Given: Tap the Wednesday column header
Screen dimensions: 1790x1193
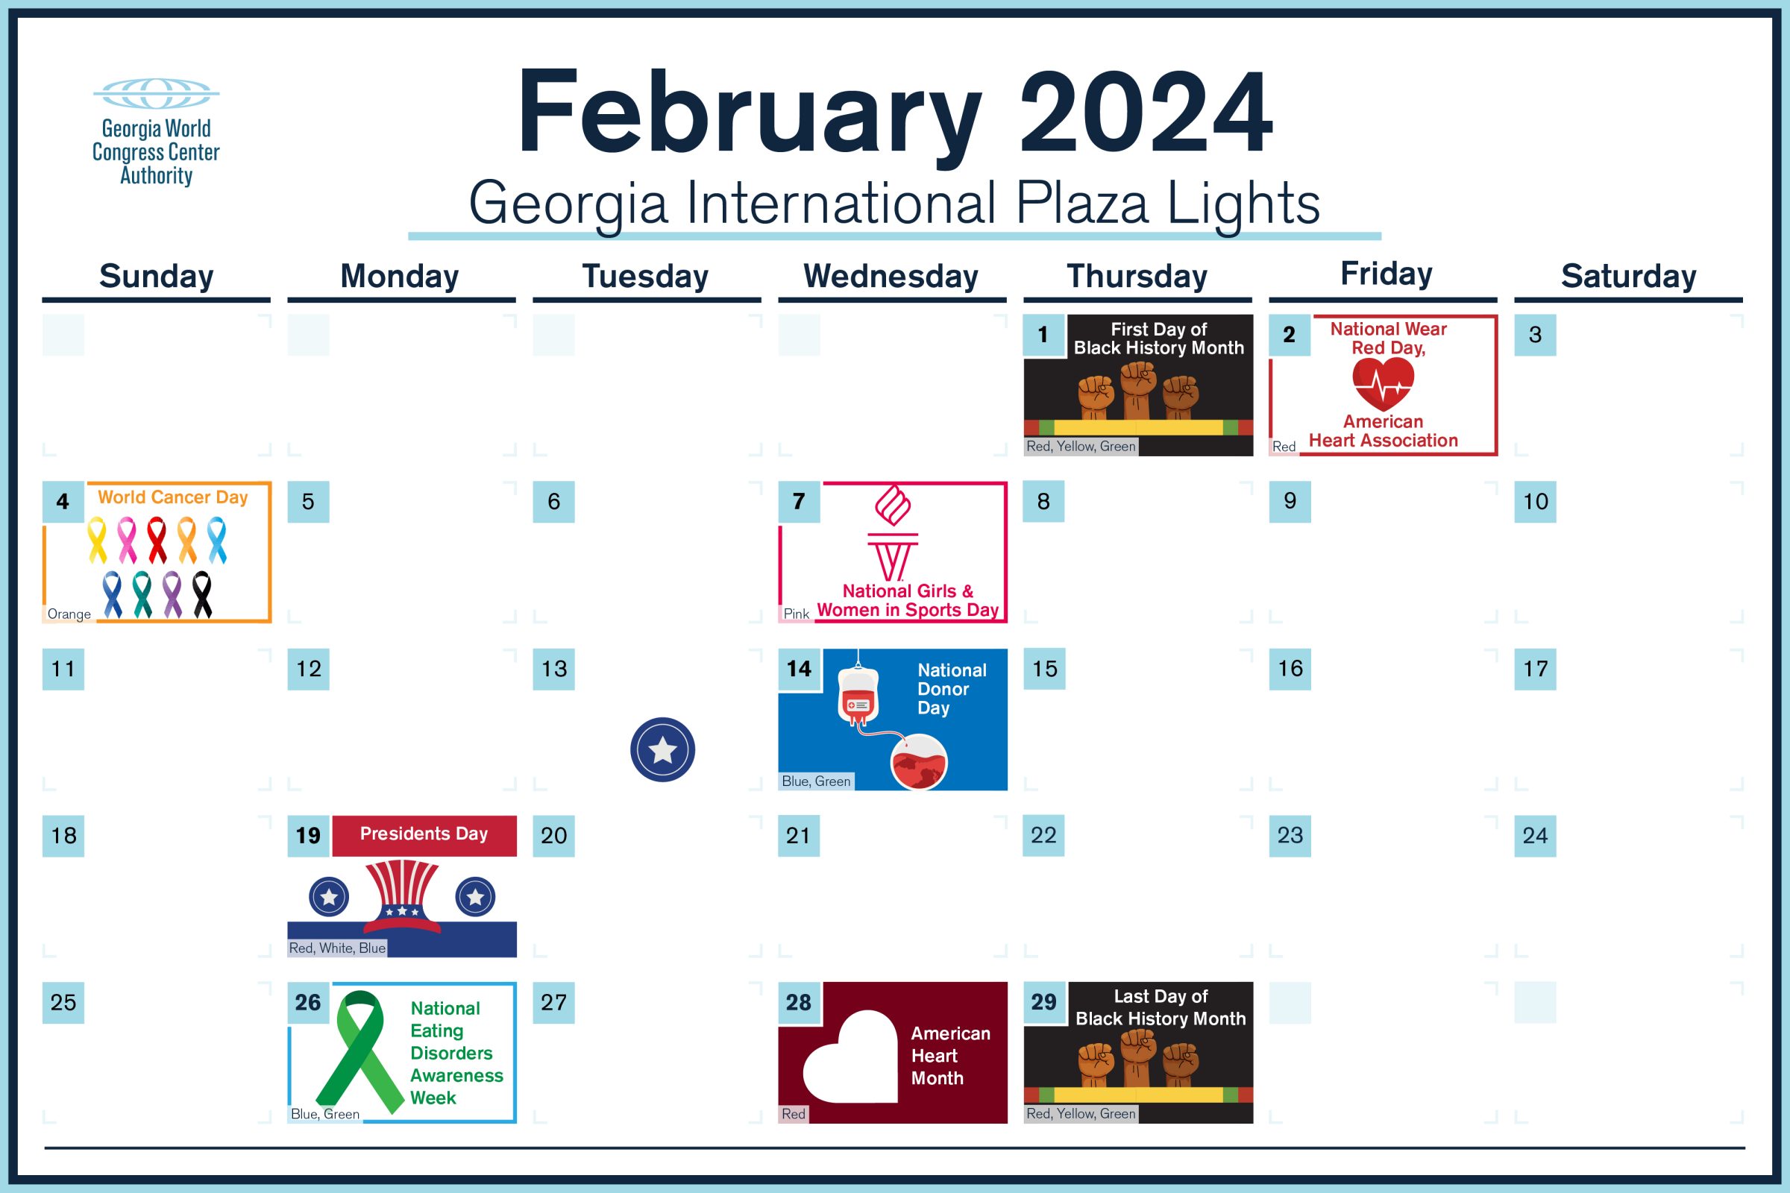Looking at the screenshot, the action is point(891,275).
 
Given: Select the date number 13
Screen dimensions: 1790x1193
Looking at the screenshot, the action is point(554,669).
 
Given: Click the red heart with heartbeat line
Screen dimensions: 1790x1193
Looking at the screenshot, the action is point(1383,383).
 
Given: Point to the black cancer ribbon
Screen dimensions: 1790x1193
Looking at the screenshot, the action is point(202,594).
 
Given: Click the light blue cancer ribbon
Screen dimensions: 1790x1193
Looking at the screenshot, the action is point(217,540).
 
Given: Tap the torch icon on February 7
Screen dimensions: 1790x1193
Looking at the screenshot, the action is point(893,534).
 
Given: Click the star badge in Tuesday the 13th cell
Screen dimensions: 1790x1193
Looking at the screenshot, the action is point(662,749).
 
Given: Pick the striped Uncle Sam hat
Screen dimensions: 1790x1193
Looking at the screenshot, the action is point(402,896).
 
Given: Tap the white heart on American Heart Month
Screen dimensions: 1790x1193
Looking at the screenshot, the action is point(851,1056).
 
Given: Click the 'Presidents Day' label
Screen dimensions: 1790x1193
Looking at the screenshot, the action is point(424,834).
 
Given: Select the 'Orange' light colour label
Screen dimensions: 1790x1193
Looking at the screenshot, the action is point(69,614).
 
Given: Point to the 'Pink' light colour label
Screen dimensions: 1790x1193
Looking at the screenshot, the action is point(796,614).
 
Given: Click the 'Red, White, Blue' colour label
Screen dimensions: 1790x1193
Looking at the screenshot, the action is point(337,948).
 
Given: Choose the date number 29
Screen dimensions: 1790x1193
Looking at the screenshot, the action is point(1043,1002).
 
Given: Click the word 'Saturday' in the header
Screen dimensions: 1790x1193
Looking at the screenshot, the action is point(1629,275).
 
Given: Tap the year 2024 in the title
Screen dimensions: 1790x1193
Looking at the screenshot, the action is point(1146,112).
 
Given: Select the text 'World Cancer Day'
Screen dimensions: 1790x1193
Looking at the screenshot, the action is point(173,497).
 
